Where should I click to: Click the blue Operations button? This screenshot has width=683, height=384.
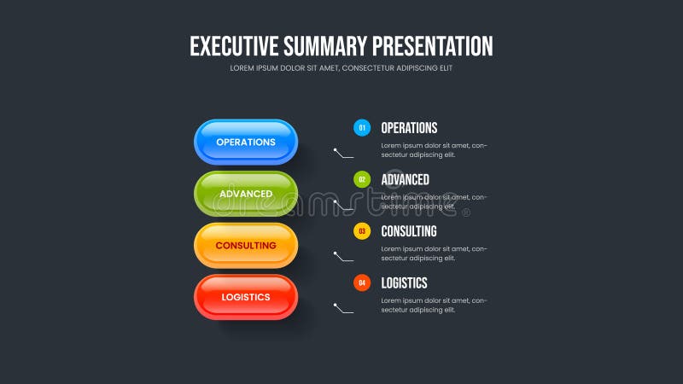246,142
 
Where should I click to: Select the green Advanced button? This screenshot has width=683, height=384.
246,194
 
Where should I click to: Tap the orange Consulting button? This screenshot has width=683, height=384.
246,246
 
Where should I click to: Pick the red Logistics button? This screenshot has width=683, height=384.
246,297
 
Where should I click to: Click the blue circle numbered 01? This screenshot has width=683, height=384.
362,128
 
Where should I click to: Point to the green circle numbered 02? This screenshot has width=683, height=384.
362,179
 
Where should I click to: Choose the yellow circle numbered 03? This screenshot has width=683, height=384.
362,231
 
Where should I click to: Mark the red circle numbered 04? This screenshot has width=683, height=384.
362,282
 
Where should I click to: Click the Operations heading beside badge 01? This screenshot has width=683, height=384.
409,128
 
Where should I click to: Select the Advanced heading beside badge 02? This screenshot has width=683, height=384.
405,179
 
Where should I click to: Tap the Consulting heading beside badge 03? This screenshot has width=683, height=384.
408,231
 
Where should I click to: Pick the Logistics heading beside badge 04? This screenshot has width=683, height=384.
404,282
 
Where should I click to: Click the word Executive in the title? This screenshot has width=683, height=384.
233,46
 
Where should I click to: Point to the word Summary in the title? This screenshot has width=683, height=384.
325,46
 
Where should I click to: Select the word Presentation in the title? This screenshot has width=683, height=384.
433,46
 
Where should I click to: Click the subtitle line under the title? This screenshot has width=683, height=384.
341,68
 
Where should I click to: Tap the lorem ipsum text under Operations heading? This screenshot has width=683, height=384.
434,150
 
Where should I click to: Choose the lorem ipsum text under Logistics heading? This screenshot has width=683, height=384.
434,305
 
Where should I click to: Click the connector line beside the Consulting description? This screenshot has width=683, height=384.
343,257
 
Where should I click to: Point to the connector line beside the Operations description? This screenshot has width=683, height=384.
343,154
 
